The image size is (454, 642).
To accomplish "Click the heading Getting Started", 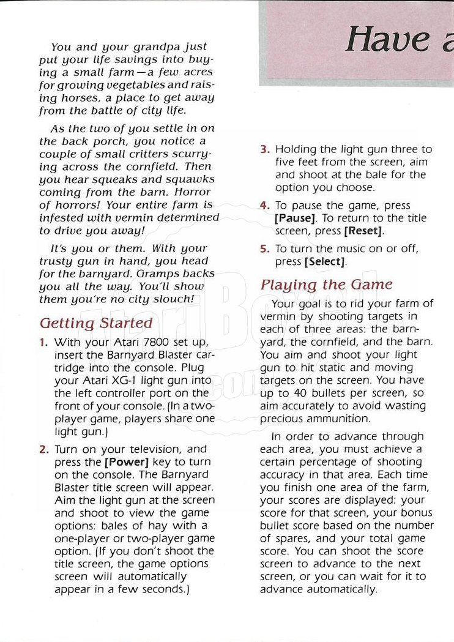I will click(96, 323).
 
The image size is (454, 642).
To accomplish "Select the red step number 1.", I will click(44, 342).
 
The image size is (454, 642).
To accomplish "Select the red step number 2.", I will click(44, 449).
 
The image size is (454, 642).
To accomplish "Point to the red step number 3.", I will click(264, 149).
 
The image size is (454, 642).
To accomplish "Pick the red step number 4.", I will click(264, 206).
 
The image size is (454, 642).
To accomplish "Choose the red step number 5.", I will click(264, 248).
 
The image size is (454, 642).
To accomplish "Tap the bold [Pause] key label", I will click(296, 218).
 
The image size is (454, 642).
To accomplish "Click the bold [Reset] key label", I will click(363, 231).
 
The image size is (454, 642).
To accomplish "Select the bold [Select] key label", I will click(325, 262).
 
